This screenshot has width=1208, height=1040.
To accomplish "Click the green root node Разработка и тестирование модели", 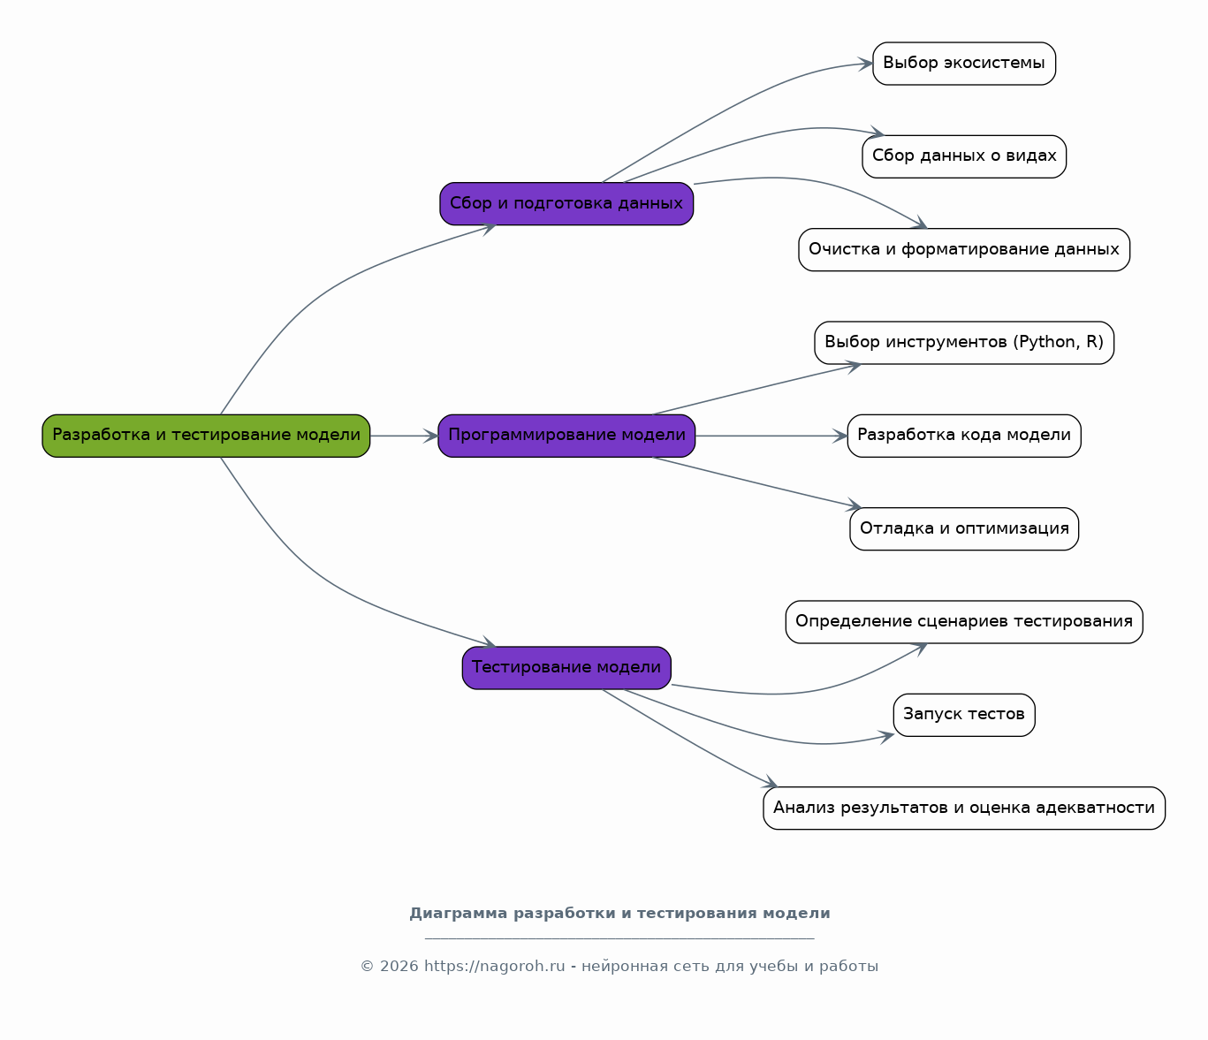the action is tap(206, 436).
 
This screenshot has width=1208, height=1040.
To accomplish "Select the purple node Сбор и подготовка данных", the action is tap(566, 204).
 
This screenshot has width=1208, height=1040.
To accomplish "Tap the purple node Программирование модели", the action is tap(566, 436).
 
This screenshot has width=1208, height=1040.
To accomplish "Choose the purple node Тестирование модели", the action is tap(566, 668).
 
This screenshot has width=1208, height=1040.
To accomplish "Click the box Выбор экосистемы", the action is tap(964, 64).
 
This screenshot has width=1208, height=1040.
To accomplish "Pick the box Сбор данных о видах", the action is tap(964, 156).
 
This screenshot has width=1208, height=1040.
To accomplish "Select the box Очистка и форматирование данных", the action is tap(964, 249).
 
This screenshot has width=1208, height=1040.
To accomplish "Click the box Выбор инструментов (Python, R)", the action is tap(964, 343).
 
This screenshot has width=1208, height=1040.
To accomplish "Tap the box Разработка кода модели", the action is tap(964, 436).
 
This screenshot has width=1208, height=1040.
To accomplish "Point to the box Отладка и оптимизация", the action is tap(964, 528).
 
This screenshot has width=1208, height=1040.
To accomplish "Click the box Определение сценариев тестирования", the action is tap(964, 622).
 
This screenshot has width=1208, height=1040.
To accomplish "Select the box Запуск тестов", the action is tap(964, 715).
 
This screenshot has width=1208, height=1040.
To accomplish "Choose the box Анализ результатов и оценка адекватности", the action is tap(964, 808).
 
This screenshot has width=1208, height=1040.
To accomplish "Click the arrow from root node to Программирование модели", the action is tap(405, 436).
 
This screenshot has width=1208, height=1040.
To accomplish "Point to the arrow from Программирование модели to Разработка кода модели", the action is tap(771, 436).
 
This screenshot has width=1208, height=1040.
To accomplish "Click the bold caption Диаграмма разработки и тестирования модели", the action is tap(619, 914).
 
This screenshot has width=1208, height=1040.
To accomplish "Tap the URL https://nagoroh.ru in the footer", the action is tap(494, 967).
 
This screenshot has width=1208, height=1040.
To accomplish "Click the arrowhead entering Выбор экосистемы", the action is tap(865, 64).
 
